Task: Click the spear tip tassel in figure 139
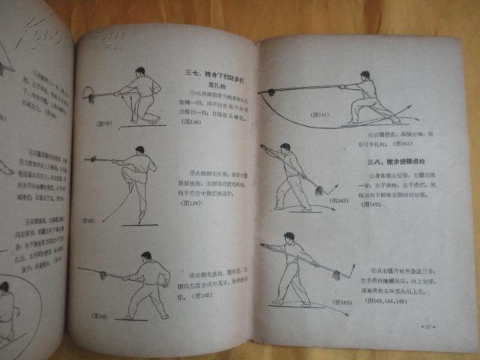click(x=92, y=159)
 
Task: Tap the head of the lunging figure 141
click(x=365, y=75)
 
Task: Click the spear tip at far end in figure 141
click(x=266, y=92)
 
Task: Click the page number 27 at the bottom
click(x=429, y=327)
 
